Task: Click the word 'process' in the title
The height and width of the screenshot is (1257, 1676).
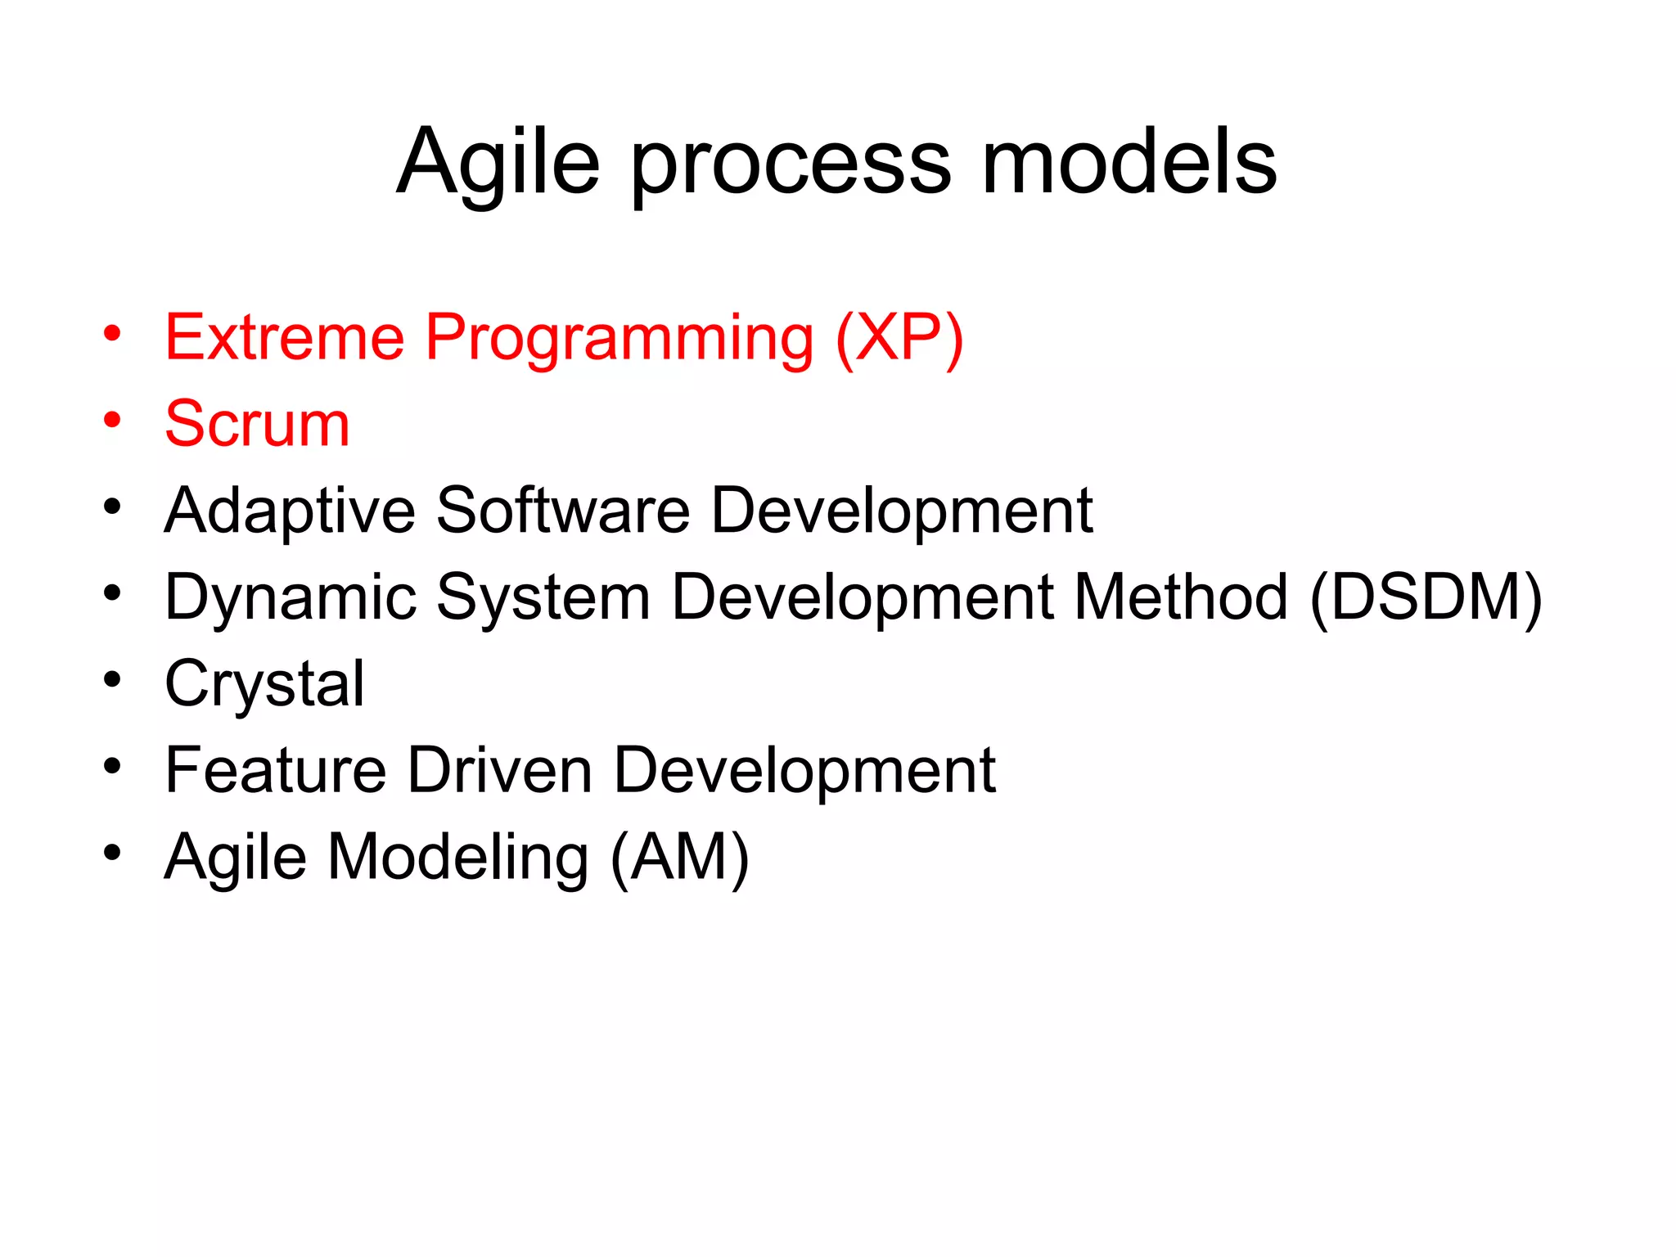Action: coord(791,164)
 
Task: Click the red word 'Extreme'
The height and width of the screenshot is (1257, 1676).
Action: coord(285,337)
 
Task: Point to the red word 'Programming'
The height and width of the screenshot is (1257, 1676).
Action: coord(619,339)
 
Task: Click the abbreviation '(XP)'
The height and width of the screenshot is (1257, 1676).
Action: coord(899,339)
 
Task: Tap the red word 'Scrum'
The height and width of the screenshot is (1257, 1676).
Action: coord(257,424)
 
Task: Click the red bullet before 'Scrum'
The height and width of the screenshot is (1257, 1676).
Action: coord(112,421)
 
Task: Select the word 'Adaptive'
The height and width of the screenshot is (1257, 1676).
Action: coord(290,511)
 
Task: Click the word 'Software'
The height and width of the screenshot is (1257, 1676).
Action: coord(563,511)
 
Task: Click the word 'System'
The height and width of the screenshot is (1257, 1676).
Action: coord(543,598)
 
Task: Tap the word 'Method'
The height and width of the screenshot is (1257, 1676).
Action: coord(1181,597)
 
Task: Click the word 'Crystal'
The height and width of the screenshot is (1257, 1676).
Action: coord(264,685)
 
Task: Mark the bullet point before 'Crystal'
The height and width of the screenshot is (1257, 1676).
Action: coord(112,680)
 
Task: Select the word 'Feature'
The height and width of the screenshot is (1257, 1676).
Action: coord(275,770)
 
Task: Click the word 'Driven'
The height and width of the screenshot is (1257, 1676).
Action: coord(499,770)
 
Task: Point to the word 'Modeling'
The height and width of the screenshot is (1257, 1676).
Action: coord(458,858)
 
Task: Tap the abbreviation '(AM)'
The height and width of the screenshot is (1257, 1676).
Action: coord(679,858)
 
